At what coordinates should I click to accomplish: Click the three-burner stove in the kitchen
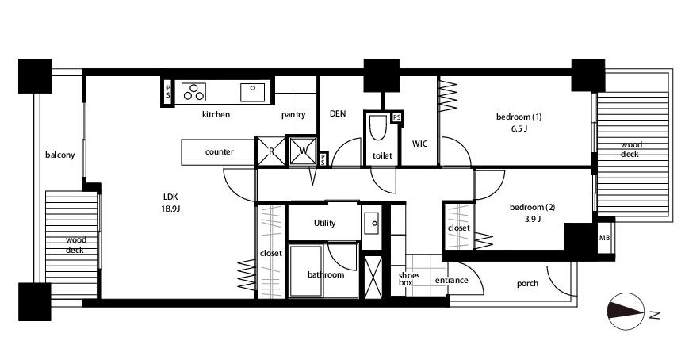click(x=194, y=92)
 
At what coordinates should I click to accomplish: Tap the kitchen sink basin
click(x=252, y=92)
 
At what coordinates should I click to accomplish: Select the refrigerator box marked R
click(x=271, y=151)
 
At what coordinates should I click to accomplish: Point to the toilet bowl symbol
click(x=378, y=126)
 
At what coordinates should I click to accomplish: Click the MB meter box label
click(x=605, y=238)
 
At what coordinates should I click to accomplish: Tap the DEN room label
click(x=338, y=113)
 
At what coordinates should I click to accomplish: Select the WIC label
click(x=420, y=144)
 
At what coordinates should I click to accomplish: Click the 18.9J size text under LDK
click(x=170, y=209)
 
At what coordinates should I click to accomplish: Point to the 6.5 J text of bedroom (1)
click(x=519, y=129)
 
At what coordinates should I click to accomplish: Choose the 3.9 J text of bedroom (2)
click(x=533, y=219)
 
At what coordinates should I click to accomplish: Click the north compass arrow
click(x=627, y=311)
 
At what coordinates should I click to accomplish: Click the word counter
click(x=220, y=152)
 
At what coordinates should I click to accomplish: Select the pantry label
click(x=293, y=115)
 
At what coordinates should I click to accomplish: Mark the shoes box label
click(x=409, y=279)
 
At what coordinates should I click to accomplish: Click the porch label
click(x=527, y=284)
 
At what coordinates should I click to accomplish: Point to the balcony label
click(x=59, y=155)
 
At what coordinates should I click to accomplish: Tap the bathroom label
click(x=326, y=274)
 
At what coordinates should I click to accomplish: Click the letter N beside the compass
click(x=654, y=315)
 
